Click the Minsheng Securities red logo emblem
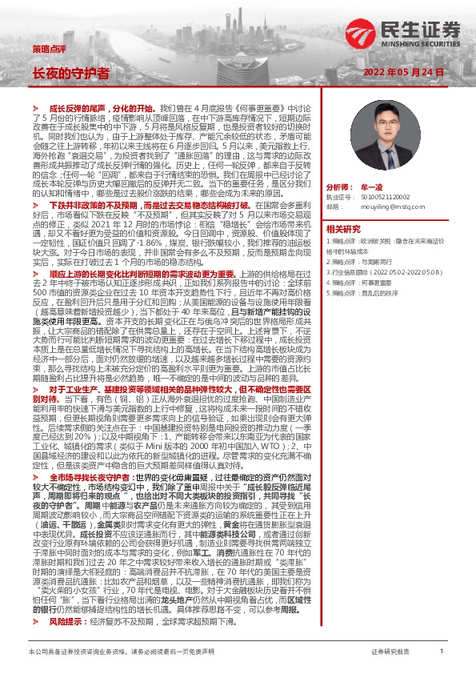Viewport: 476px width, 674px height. point(355,31)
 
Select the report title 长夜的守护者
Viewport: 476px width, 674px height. point(70,72)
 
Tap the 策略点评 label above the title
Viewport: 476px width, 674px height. point(49,48)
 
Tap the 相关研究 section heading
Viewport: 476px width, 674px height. point(344,251)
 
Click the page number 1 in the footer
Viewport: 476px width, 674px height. point(441,652)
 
